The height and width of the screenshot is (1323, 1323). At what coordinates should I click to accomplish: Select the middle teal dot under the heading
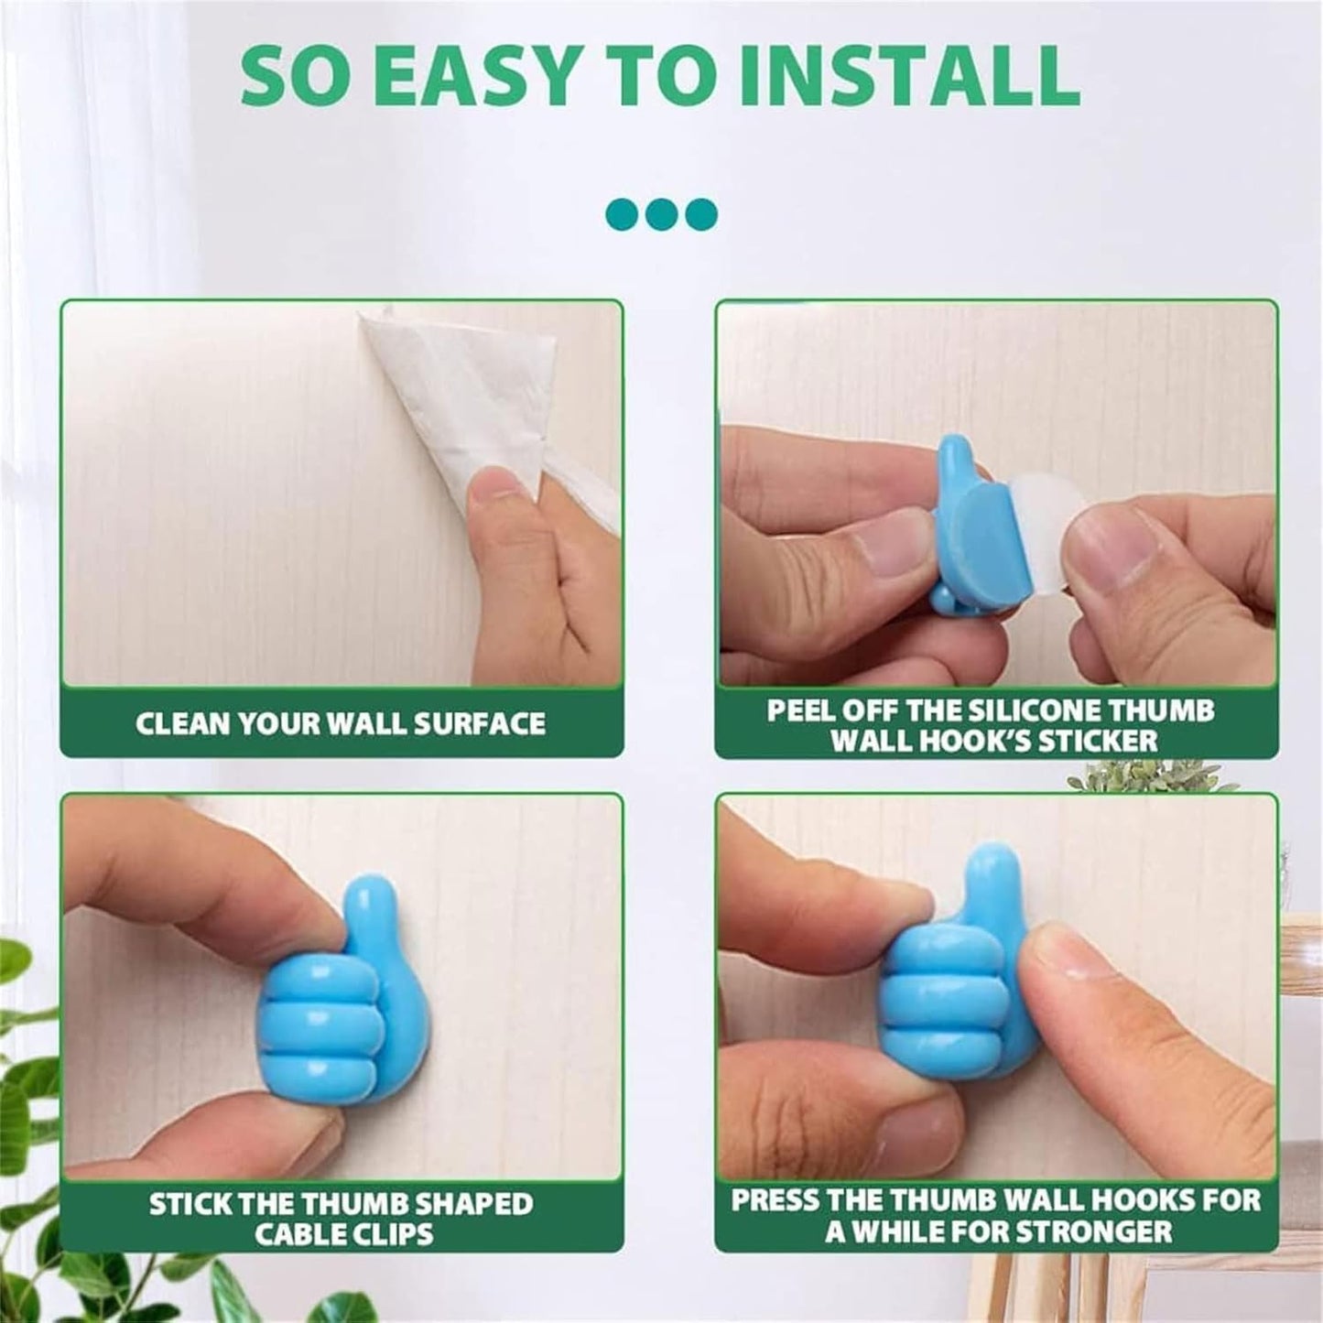(x=661, y=214)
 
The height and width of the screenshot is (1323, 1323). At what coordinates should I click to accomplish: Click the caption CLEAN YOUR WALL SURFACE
(x=341, y=723)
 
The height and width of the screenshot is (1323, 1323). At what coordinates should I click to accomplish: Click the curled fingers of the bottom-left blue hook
(x=316, y=1025)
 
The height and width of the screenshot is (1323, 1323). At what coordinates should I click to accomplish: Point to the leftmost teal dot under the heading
(x=623, y=214)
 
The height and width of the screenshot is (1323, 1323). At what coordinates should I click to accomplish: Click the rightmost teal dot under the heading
(x=700, y=214)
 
